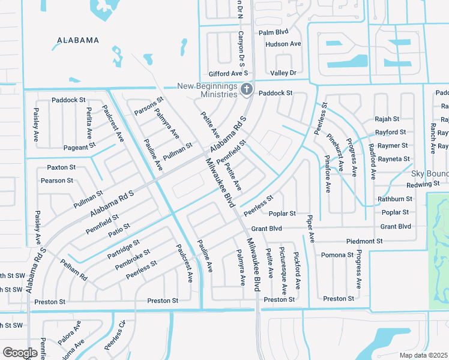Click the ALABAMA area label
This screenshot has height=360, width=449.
click(x=77, y=40)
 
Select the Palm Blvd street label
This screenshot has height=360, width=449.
click(x=274, y=32)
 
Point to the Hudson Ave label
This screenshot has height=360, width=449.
click(x=283, y=44)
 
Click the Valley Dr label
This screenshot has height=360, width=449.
click(x=283, y=73)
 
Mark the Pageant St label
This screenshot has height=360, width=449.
click(x=79, y=146)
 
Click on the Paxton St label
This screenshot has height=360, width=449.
click(x=61, y=167)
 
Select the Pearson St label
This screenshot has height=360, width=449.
click(x=57, y=180)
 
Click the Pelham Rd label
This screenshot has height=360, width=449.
click(x=74, y=269)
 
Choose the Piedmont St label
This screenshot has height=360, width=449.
click(x=364, y=241)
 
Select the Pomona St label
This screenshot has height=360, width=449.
click(x=337, y=255)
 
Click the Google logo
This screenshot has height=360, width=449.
click(x=20, y=353)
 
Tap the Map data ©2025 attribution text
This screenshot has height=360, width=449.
click(x=423, y=355)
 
